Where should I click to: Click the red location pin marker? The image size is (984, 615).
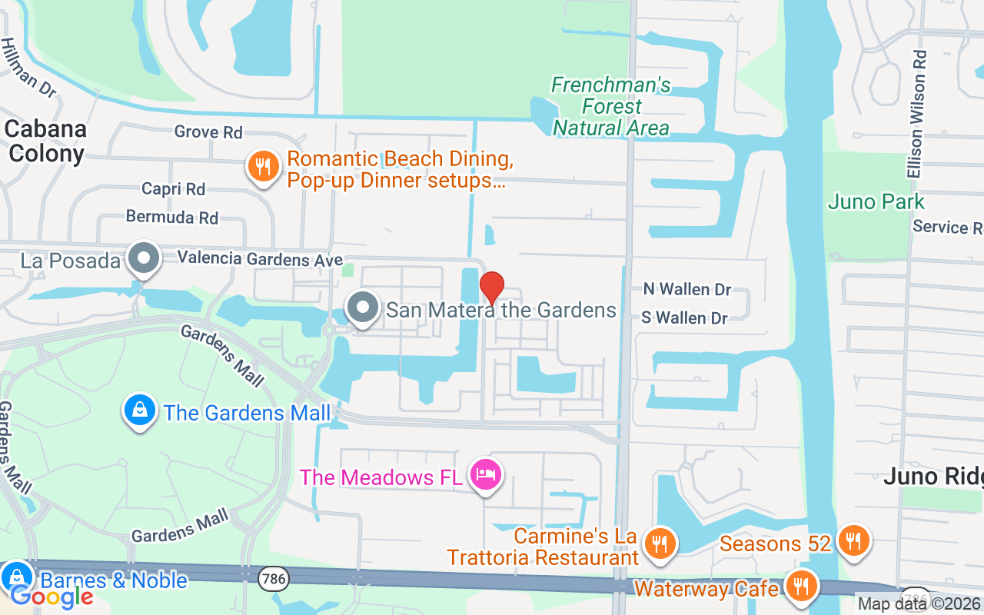(492, 288)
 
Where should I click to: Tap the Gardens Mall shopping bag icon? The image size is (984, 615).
(139, 411)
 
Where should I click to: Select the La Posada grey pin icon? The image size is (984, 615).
(143, 258)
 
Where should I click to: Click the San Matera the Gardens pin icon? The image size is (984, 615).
(362, 308)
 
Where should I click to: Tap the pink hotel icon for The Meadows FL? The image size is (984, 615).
(486, 475)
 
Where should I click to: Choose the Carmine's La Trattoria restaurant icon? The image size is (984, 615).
(659, 543)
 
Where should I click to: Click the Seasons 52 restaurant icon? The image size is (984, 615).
(853, 540)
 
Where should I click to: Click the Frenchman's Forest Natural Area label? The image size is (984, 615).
(611, 106)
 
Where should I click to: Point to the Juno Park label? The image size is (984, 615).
(876, 202)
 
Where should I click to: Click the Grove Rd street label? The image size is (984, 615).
(208, 132)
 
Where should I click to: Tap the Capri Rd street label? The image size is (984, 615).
(173, 188)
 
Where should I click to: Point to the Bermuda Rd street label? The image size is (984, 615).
(172, 217)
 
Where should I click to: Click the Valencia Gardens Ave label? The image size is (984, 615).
(260, 260)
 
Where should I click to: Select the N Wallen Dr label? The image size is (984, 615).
(687, 289)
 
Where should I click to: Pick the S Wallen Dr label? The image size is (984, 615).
(685, 317)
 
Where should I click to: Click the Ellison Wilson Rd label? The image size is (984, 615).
(916, 104)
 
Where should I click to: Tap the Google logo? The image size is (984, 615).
(52, 596)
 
